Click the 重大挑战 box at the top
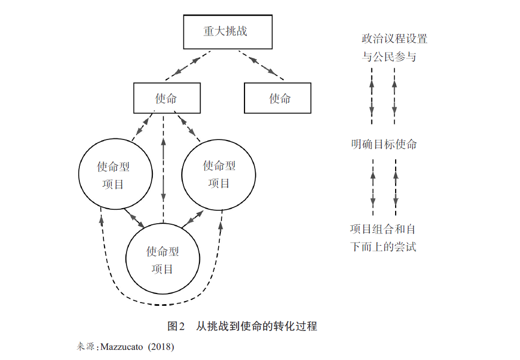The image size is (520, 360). point(225,31)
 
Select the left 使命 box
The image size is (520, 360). point(167,98)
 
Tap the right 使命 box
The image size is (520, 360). point(278,98)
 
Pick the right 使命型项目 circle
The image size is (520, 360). point(218,174)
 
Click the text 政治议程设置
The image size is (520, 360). point(394,39)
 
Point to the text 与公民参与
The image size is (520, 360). point(389,56)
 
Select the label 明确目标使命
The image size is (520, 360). point(384,144)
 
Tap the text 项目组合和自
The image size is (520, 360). point(383,230)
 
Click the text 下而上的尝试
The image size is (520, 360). point(383,247)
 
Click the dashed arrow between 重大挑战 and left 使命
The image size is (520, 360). point(188,65)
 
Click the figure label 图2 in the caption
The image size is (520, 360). point(176,326)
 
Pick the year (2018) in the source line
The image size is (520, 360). point(161,346)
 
